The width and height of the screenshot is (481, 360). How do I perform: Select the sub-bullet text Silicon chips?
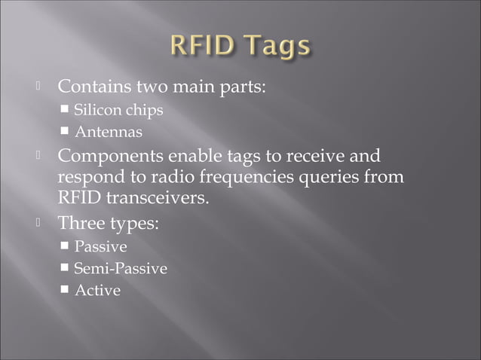coord(118,110)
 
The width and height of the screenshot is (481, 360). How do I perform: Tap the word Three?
coord(81,224)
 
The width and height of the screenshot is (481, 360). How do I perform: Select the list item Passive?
coord(100,247)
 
